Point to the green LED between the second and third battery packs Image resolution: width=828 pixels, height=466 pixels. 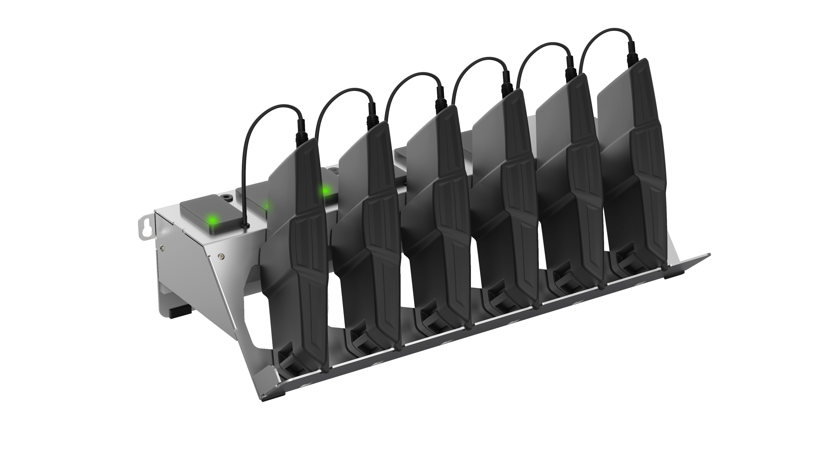pyautogui.click(x=325, y=191)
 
